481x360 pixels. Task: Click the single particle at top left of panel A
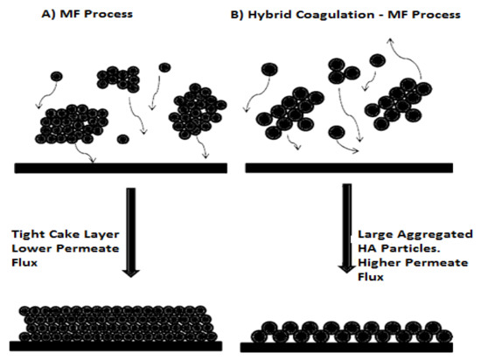55,78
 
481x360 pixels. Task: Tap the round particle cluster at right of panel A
200,112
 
